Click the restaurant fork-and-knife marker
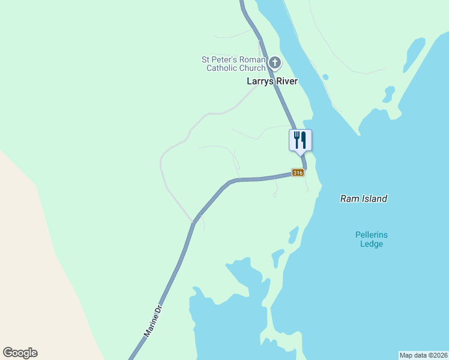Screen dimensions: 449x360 coord(300,140)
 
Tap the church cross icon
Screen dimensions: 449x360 coord(274,62)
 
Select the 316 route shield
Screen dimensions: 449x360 coord(298,173)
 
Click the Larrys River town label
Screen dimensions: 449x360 coord(272,81)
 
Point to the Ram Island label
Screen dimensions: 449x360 coord(364,199)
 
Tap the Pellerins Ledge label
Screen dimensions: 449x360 coord(371,239)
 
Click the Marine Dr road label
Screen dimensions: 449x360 coord(154,319)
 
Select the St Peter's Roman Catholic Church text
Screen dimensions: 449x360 coord(234,64)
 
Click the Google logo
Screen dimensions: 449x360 coord(20,353)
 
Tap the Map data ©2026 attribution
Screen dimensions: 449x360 coord(423,355)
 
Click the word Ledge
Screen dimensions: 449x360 coord(372,244)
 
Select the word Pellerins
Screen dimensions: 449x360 coord(372,235)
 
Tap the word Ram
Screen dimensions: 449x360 coord(349,199)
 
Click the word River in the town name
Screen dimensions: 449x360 coord(286,81)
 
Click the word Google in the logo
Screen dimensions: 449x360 coord(20,353)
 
